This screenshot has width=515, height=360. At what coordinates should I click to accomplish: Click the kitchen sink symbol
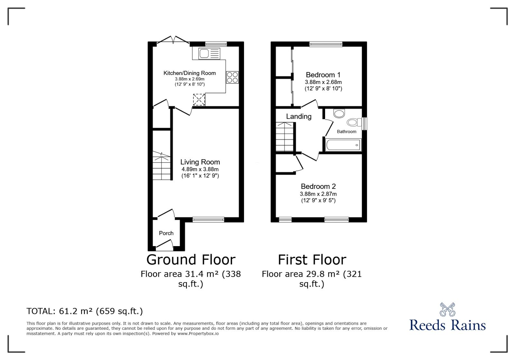click(209, 53)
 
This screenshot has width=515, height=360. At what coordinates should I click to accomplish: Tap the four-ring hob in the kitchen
click(232, 77)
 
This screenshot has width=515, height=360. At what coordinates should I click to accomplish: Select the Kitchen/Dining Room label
click(190, 73)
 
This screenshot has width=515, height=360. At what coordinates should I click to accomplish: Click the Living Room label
click(200, 162)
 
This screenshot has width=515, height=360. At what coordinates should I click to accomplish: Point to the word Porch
click(166, 233)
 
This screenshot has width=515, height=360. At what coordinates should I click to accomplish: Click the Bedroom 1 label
click(323, 75)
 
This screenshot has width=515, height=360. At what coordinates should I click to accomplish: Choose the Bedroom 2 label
click(318, 186)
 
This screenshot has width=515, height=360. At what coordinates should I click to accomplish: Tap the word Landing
click(299, 116)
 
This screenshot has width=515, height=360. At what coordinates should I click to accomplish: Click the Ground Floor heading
click(191, 260)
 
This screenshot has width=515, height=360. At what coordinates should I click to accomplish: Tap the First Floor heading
click(312, 260)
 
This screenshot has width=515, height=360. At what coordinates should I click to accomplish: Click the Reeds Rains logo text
click(447, 325)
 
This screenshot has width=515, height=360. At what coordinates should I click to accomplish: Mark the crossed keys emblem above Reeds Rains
click(447, 309)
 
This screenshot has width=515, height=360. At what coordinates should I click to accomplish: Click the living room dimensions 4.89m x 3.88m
click(200, 170)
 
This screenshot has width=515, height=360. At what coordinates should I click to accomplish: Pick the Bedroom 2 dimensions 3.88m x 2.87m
click(318, 194)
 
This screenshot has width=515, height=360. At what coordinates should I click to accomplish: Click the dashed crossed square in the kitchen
click(199, 100)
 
